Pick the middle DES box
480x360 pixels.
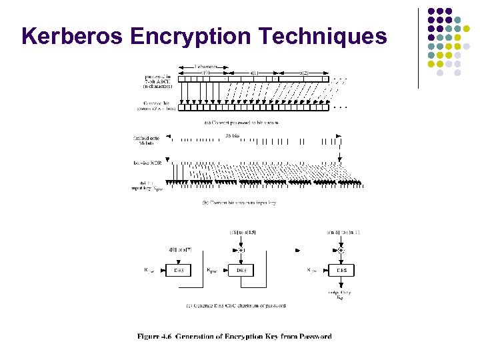coord(241,270)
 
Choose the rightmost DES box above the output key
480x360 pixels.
coord(341,270)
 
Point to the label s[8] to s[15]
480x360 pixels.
coord(243,232)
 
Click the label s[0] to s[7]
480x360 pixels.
coord(180,249)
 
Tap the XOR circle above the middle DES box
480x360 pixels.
coord(241,250)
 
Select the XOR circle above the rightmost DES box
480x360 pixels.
coord(341,250)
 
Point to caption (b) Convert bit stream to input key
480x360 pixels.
coord(238,201)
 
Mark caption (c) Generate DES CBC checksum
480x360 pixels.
coord(236,305)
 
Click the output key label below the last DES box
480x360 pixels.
coord(340,295)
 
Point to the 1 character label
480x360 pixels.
coord(207,67)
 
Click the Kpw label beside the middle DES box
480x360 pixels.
coord(211,271)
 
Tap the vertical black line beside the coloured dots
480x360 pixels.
coord(418,47)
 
